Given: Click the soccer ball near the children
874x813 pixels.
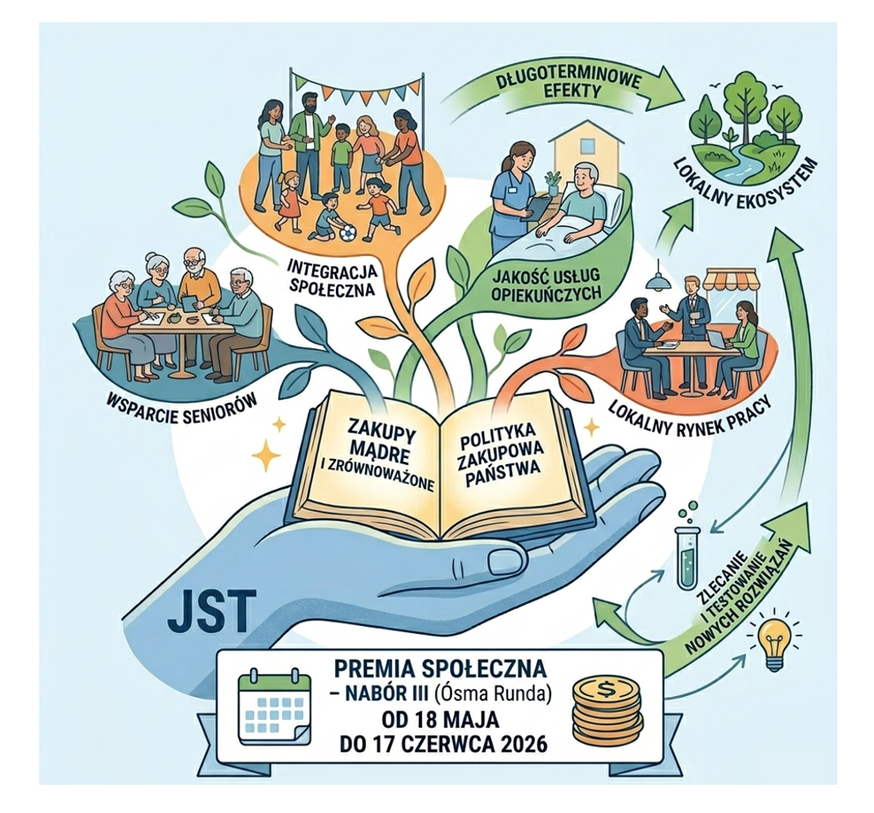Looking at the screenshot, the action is click(347, 233).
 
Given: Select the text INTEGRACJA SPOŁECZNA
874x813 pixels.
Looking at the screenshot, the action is click(333, 279).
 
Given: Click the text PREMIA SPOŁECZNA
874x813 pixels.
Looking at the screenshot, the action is click(439, 667).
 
